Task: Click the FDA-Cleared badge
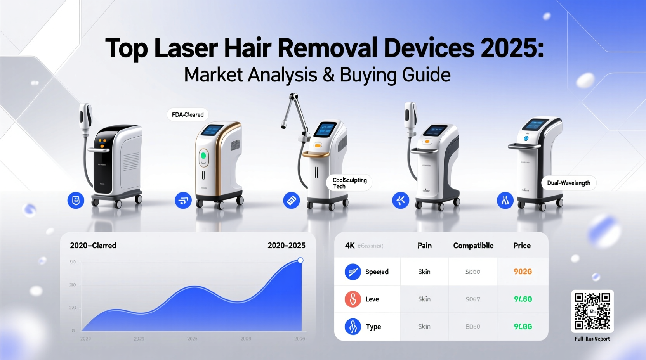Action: coord(188,115)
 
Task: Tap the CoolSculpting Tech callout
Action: coord(349,183)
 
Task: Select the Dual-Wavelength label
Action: coord(568,183)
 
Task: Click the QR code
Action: coord(592,311)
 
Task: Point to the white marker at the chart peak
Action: coord(300,260)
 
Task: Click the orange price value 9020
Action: coord(523,272)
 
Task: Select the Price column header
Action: coord(522,246)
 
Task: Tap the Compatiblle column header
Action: coord(473,246)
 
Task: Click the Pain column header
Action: coord(424,246)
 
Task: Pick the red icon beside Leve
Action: coord(353,299)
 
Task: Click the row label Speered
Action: coord(377,272)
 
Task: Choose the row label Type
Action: coord(373,327)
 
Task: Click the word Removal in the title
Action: coord(327,48)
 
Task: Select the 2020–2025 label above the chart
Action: coord(286,246)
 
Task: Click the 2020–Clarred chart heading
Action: coord(93,246)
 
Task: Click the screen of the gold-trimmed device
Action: coord(212,130)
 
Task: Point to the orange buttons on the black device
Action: coord(102,144)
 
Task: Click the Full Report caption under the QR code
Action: coord(592,339)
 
